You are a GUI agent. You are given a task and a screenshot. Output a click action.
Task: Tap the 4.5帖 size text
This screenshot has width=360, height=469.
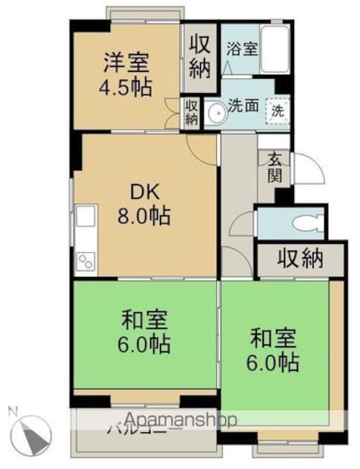point(126,87)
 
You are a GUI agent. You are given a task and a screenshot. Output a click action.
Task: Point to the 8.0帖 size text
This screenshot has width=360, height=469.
point(147,216)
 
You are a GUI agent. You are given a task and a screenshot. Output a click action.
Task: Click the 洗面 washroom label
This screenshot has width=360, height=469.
point(242,106)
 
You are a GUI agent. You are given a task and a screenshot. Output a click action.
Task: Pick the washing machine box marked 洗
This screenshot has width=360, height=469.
point(277,111)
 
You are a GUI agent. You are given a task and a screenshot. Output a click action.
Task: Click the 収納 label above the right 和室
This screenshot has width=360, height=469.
point(300,259)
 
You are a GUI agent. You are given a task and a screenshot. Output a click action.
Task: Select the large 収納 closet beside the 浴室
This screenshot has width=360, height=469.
point(199,56)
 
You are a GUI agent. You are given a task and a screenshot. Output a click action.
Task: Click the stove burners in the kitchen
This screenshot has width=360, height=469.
point(84,259)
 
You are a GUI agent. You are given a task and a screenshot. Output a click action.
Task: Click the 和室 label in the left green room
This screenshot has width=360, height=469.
point(144,320)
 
